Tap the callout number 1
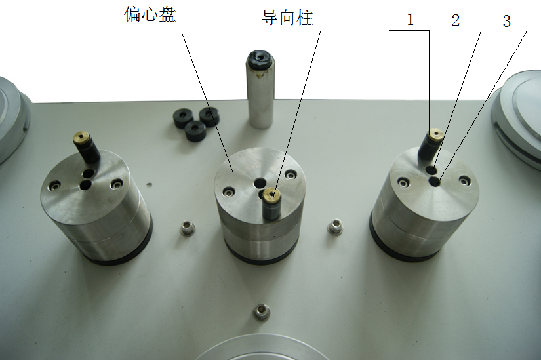pos(411,20)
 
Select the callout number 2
pos(455,20)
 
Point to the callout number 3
pos(506,20)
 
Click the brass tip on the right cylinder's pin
pos(434,136)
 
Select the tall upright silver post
pos(260,92)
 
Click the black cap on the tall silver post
pos(260,61)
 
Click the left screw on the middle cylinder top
pos(228,191)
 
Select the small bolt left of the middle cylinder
pos(187,228)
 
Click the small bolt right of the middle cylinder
pos(335,227)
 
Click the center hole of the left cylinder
pos(86,186)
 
